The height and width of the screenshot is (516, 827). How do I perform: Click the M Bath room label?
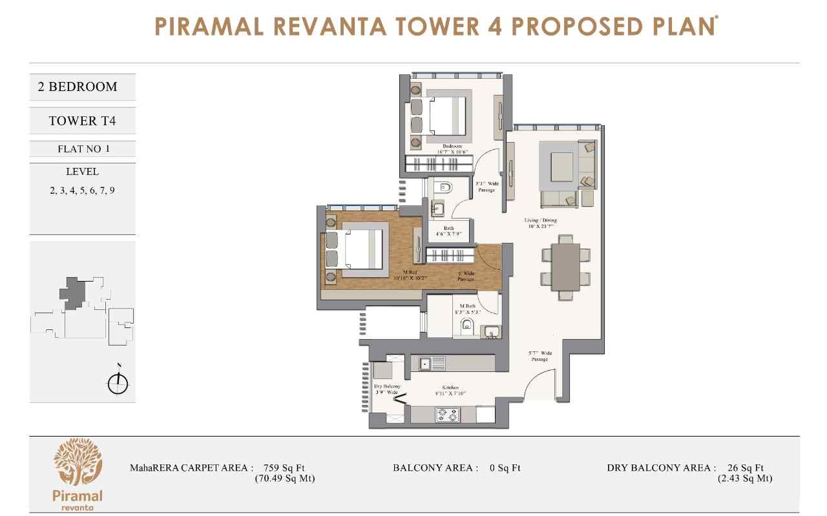pos(468,308)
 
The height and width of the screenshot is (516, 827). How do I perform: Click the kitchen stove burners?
pos(447,415)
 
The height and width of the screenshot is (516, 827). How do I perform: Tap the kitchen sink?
pos(432,364)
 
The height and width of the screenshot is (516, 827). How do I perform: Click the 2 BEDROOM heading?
pos(78,87)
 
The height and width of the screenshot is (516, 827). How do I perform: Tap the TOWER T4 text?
pos(82,121)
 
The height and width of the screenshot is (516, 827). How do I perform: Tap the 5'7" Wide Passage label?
pos(539,356)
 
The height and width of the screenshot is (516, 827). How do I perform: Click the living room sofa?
pos(560,199)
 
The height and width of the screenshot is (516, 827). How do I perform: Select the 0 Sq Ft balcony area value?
pos(505,468)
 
